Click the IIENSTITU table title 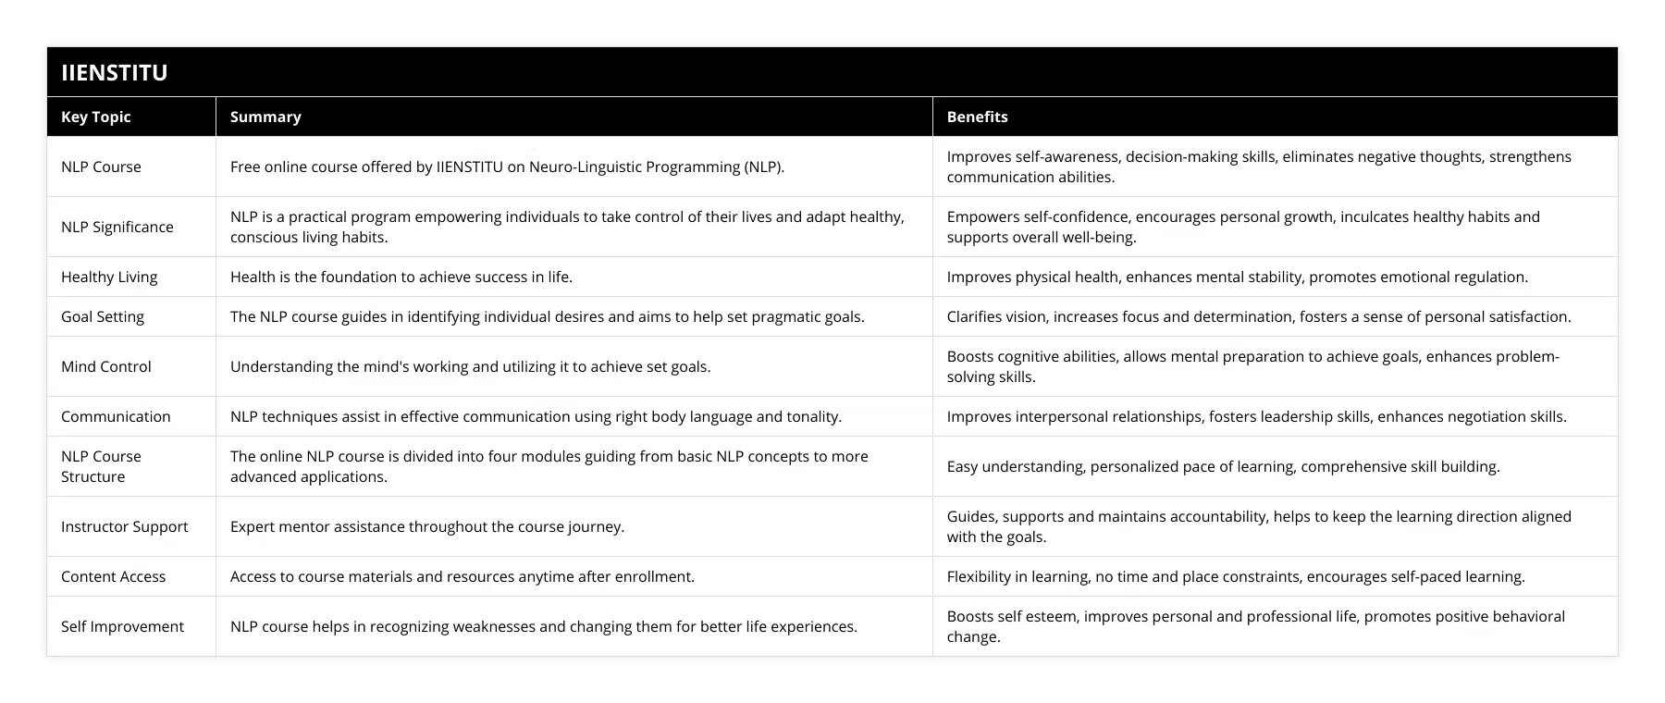tap(114, 72)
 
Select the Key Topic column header tap(95, 117)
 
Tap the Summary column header tap(265, 117)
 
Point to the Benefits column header tap(977, 117)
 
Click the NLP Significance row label tap(117, 227)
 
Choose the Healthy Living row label tap(109, 277)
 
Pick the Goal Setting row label tap(103, 316)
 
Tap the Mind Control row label tap(106, 366)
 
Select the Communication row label tap(116, 416)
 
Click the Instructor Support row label tap(124, 526)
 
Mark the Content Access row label tap(113, 576)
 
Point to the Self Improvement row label tap(122, 626)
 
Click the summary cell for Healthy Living tap(401, 277)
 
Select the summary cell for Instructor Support tap(427, 526)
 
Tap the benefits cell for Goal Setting tap(1258, 316)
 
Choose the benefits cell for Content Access tap(1236, 576)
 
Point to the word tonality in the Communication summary tap(813, 416)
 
